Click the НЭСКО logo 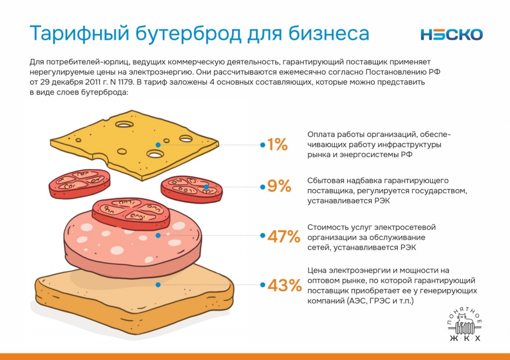tap(451, 34)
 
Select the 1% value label tap(277, 145)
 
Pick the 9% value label tap(279, 187)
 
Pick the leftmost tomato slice tap(79, 183)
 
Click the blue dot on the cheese tap(158, 145)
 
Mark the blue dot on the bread tap(158, 285)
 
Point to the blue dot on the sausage tap(158, 236)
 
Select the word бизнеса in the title tap(325, 34)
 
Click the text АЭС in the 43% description tap(363, 301)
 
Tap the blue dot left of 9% tap(262, 187)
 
